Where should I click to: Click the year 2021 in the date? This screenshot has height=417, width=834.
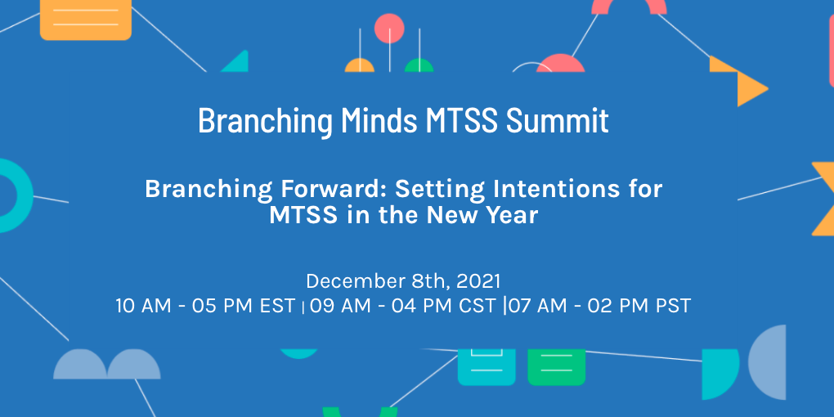pos(478,281)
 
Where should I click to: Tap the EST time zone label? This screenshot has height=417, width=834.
pos(277,307)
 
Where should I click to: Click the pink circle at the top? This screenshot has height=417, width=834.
pos(389,29)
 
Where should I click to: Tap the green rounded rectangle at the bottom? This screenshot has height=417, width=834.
pos(556,366)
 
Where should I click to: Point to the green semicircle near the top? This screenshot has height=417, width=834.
pos(419,66)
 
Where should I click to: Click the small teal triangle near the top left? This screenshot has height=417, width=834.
pos(237,63)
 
